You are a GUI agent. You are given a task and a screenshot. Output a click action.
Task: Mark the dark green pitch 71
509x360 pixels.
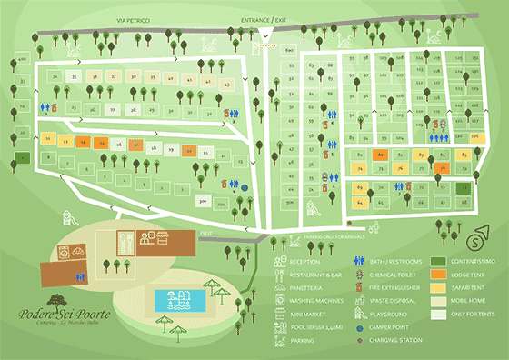469,187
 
